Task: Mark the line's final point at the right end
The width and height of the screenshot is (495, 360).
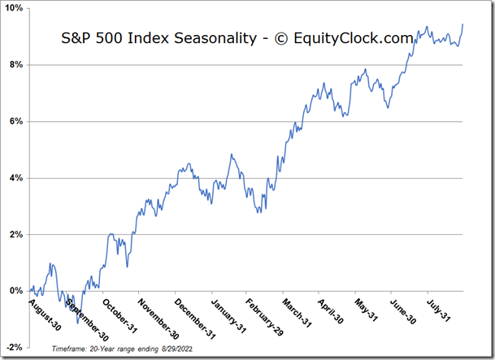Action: coord(462,24)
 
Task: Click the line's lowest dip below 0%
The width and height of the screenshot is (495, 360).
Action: coord(77,323)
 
